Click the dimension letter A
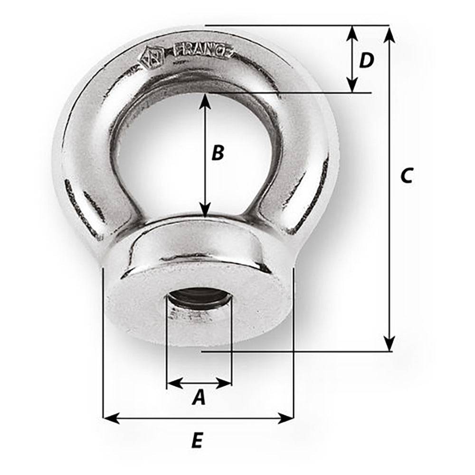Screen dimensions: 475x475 point(199,397)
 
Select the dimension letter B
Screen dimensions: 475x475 point(217,153)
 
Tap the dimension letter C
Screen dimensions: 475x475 point(407,176)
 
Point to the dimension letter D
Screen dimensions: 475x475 point(366,60)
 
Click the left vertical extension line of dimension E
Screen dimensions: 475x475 point(103,342)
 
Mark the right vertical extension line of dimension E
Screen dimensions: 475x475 point(294,342)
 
